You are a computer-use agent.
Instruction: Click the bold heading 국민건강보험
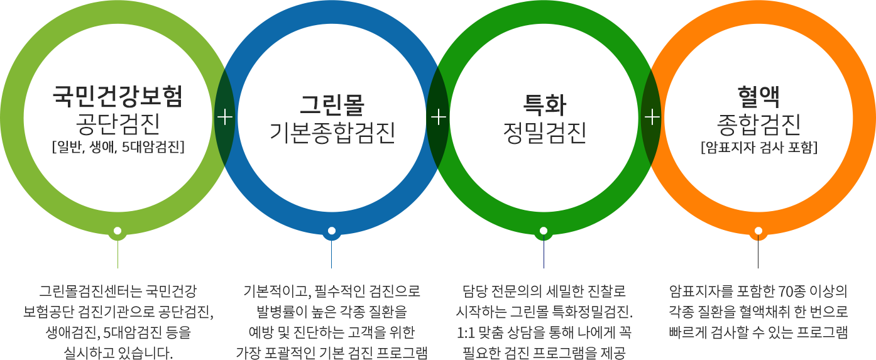tap(118, 96)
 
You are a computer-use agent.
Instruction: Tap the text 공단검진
tap(118, 123)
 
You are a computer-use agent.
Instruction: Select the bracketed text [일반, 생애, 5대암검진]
tap(118, 148)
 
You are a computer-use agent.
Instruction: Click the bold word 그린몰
tap(332, 104)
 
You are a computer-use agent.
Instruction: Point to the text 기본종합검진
tap(332, 132)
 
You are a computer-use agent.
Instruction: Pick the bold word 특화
tap(544, 104)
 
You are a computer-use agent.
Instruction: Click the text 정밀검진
tap(544, 132)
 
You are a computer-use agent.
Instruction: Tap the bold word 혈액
tap(758, 96)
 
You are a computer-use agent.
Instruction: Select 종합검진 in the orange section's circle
tap(758, 123)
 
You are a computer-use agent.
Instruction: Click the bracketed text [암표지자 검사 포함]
tap(758, 148)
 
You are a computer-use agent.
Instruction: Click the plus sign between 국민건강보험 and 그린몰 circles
tap(224, 117)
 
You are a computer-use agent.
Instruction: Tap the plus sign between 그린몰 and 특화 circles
tap(439, 117)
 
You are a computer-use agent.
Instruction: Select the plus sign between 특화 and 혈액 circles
tap(652, 117)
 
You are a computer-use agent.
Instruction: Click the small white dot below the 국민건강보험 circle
tap(118, 231)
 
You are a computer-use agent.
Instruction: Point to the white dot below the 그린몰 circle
tap(332, 231)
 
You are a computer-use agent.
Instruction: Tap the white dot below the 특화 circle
tap(544, 231)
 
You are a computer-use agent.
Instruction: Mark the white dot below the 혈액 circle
tap(758, 231)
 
